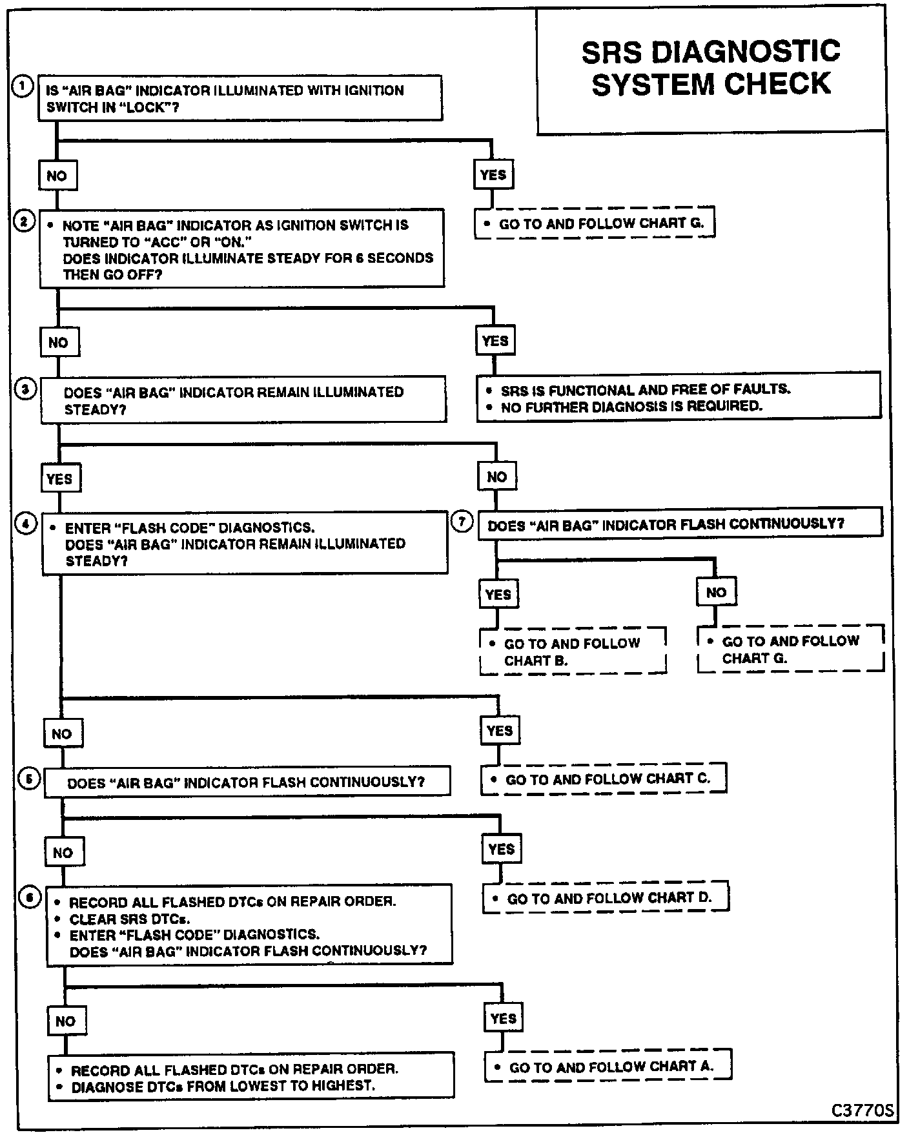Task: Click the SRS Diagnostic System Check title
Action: pos(710,68)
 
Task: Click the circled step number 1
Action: pos(23,87)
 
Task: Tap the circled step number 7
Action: pos(462,521)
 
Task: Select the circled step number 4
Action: pos(25,524)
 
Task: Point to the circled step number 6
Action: pos(30,898)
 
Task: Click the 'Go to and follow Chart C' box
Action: pos(604,779)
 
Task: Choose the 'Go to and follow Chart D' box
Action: pos(606,898)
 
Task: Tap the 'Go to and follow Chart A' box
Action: pos(608,1067)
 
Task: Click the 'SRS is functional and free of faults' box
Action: pos(679,398)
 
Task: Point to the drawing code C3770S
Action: pos(862,1110)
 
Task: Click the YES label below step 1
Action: pos(493,175)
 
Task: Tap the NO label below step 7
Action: pos(716,592)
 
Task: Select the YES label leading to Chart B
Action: pos(498,594)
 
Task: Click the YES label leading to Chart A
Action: pos(503,1019)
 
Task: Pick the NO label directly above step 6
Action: pos(63,852)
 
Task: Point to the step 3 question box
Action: pos(243,400)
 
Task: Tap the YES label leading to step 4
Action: pos(59,478)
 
